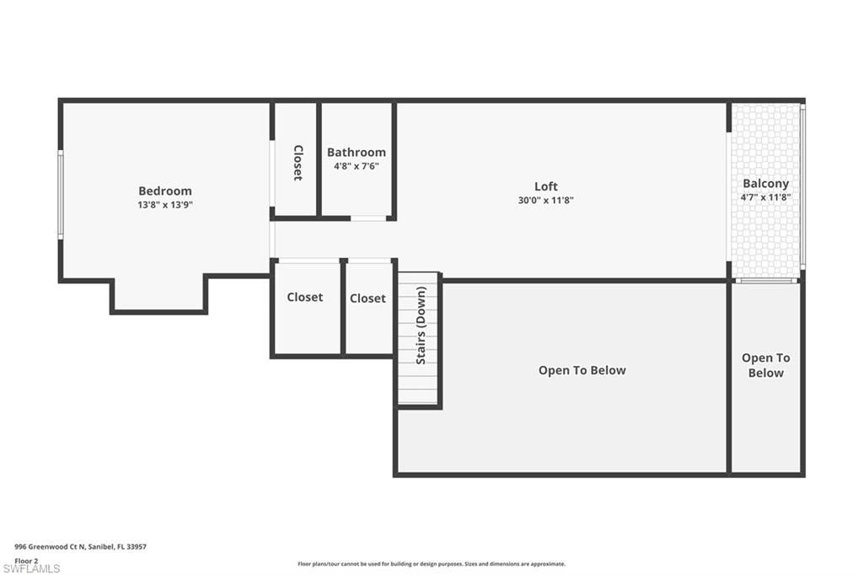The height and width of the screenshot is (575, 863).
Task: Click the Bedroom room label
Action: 165,191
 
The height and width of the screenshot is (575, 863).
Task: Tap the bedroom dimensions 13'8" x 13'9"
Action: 165,205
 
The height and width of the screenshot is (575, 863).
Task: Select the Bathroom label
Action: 356,152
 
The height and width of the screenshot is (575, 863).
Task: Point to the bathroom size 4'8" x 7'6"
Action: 356,166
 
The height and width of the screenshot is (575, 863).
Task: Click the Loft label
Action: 546,186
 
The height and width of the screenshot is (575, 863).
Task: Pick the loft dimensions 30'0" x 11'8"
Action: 546,201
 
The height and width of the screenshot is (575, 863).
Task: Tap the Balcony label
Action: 765,184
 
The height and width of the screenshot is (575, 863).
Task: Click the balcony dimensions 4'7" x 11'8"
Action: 765,197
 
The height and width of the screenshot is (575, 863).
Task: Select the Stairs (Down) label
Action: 421,325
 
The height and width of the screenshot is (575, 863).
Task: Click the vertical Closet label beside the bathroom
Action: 297,163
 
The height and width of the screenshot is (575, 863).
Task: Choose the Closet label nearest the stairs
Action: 367,298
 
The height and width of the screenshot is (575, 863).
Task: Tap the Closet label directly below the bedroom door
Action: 305,297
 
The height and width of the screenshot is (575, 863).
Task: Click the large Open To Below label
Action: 582,370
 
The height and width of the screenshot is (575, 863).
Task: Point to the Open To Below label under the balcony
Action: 765,365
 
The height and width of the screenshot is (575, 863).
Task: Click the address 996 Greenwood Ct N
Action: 50,547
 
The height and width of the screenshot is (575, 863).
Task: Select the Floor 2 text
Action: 26,561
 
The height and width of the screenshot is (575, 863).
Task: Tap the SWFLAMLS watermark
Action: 31,568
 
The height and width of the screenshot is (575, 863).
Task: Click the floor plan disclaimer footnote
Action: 431,564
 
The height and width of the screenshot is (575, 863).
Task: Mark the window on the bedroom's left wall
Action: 61,195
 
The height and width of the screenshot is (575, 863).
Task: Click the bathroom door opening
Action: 368,218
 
